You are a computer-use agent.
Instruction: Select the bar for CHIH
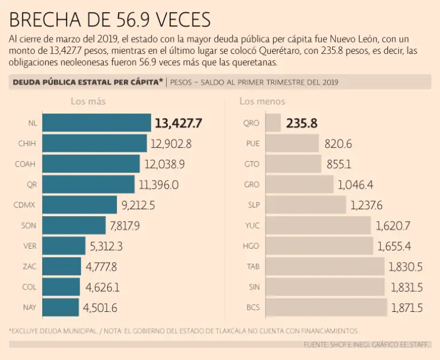(x=95, y=143)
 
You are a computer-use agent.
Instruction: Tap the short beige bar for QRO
(x=273, y=123)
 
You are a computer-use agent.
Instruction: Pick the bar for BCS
(x=327, y=307)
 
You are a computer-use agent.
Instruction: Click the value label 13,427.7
(x=179, y=123)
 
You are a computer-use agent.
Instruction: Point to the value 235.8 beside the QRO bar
(x=301, y=123)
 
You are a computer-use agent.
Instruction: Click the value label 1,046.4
(x=356, y=185)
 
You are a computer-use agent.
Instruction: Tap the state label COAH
(x=25, y=164)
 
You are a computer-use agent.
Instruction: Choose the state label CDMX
(x=25, y=205)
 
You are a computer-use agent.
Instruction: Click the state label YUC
(x=252, y=225)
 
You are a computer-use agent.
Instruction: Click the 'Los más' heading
(x=88, y=101)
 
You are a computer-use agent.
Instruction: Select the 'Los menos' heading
(x=262, y=101)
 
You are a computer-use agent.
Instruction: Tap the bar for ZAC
(x=62, y=267)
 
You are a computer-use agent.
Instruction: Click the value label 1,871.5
(x=407, y=307)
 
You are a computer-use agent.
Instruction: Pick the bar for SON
(x=74, y=225)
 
